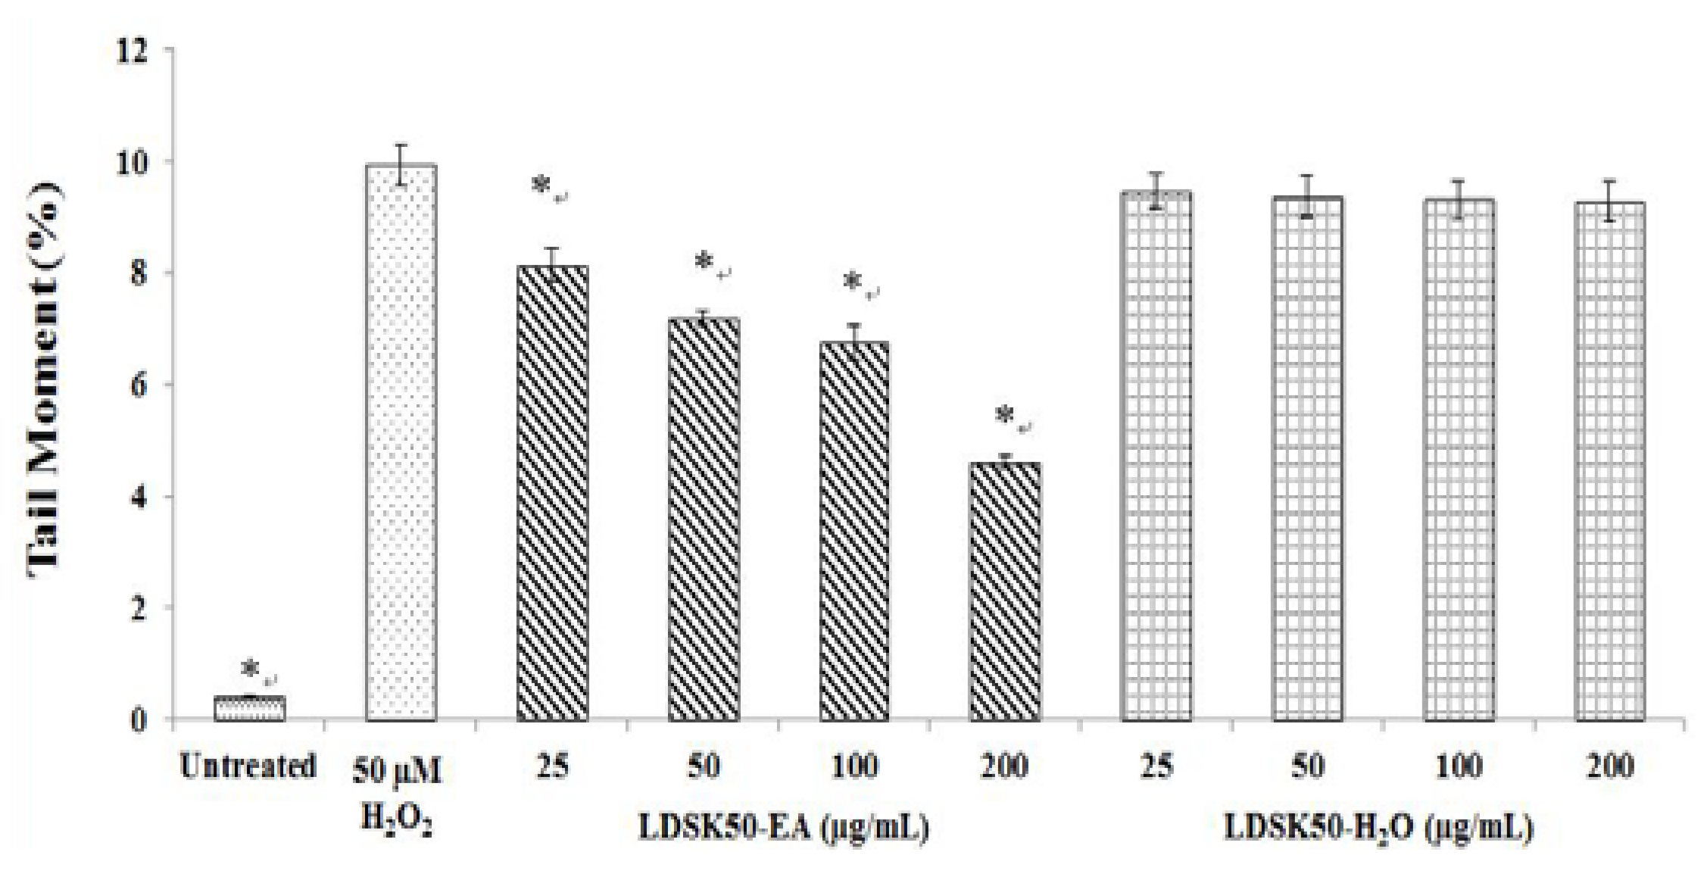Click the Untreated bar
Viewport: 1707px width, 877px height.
point(249,708)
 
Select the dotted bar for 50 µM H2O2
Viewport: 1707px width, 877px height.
point(401,443)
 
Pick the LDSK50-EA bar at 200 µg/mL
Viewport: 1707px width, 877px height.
point(1005,591)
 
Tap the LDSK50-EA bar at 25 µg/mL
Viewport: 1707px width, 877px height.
point(552,492)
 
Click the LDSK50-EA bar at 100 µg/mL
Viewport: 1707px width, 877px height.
point(853,530)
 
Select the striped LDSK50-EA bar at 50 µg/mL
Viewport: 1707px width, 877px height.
point(703,519)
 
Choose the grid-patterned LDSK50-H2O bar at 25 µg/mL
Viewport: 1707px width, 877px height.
point(1156,454)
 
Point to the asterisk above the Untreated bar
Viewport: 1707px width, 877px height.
point(251,669)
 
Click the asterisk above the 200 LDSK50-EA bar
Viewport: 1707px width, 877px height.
point(1005,415)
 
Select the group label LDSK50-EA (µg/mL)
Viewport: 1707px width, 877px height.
point(783,829)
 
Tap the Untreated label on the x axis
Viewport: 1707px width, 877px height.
point(248,766)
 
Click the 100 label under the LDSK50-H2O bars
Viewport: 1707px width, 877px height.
point(1459,766)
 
